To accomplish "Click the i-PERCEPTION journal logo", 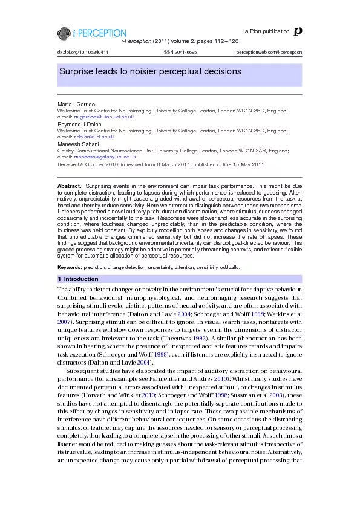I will pos(92,33).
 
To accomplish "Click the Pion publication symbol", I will pos(296,31).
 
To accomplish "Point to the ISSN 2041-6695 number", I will pos(180,53).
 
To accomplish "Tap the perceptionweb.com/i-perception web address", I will pos(269,53).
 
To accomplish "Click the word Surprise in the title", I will pos(77,72).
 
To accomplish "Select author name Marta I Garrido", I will pos(76,105).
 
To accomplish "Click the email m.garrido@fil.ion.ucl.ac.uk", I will pos(104,116).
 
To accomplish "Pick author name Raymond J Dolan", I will pos(79,124).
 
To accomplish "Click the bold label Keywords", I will pos(70,267).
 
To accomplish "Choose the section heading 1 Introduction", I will pos(78,279).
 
